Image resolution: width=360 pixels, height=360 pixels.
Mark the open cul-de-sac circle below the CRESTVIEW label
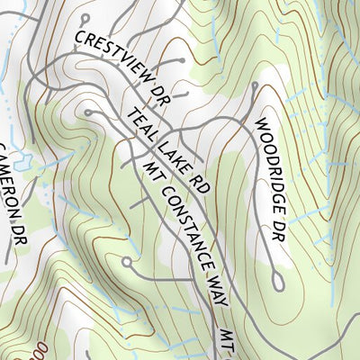pyautogui.click(x=88, y=112)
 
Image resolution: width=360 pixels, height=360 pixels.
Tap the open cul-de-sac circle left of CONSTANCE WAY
pyautogui.click(x=127, y=263)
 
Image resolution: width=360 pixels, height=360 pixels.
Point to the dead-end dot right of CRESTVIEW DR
pyautogui.click(x=183, y=61)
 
